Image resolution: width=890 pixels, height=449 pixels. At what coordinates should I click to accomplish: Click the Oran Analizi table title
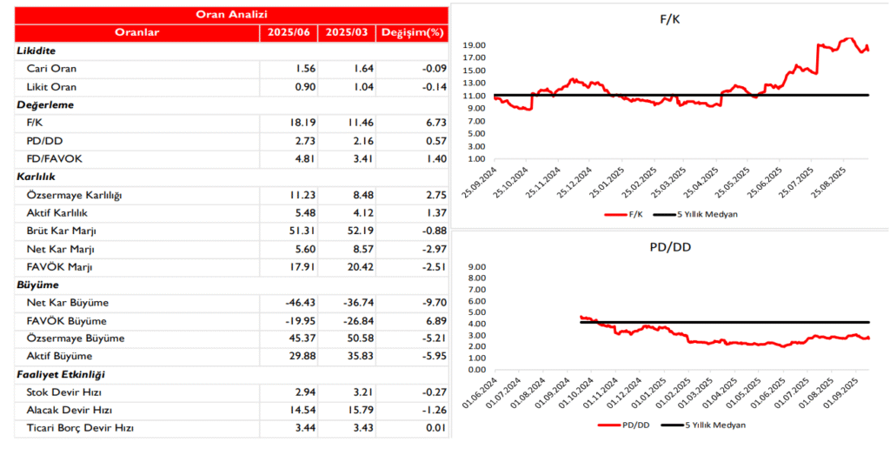pos(231,15)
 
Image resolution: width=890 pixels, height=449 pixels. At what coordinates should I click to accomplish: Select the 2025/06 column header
pos(288,32)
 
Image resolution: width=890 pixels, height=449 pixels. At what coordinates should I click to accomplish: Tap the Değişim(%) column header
pos(413,32)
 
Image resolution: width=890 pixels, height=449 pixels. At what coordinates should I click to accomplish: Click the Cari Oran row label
pos(53,68)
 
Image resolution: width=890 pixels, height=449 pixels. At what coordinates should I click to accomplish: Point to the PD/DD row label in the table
pos(44,140)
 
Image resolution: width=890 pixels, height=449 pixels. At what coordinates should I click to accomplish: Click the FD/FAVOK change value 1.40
pos(431,158)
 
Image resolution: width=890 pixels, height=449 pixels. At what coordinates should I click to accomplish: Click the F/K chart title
pos(670,20)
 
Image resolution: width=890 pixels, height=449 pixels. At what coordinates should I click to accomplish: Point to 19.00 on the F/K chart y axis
pos(475,45)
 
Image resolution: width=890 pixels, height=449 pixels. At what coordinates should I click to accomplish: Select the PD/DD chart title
pos(669,248)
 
